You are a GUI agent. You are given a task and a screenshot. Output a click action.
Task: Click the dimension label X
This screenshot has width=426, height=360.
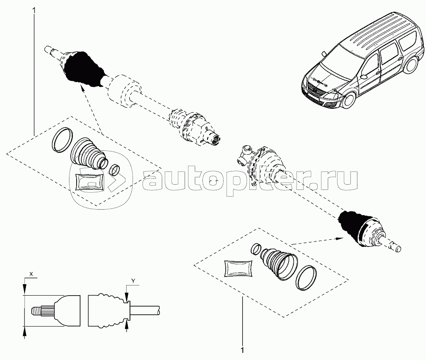point(31,274)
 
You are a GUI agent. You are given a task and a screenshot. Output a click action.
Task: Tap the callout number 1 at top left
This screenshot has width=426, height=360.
point(34,11)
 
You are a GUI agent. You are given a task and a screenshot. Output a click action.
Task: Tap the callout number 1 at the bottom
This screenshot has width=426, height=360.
point(242,350)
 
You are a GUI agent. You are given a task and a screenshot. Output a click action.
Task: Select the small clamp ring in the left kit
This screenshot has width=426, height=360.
point(115,170)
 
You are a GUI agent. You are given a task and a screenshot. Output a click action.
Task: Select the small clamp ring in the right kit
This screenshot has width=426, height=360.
point(256,249)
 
